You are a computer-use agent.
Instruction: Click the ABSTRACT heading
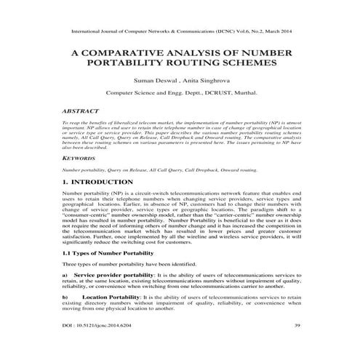[x=84, y=112]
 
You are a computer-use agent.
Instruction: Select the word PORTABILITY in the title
[x=156, y=63]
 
